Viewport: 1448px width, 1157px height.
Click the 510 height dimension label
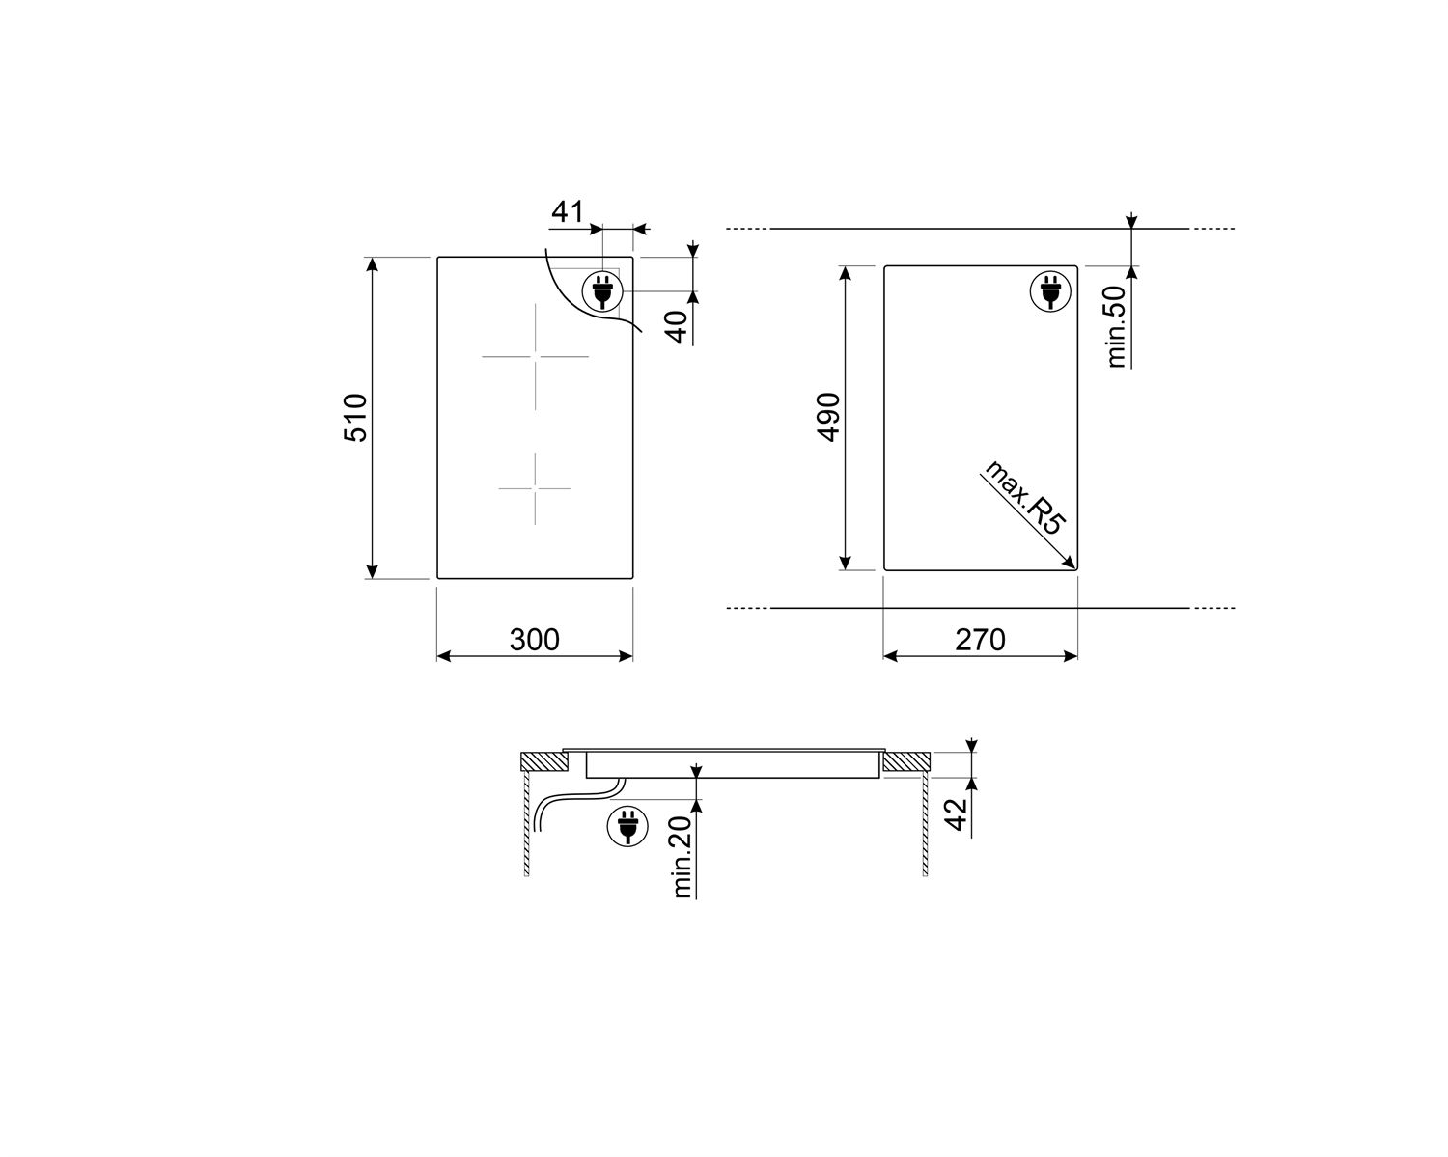(355, 418)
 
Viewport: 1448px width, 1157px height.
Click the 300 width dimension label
(534, 640)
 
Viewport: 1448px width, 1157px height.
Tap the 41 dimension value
(568, 212)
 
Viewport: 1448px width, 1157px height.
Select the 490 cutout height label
(828, 417)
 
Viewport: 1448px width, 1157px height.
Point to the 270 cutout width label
(980, 640)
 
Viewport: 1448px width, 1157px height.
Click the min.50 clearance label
(1116, 327)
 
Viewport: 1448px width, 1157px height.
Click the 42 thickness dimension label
(956, 814)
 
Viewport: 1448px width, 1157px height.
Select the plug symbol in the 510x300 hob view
(602, 291)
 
